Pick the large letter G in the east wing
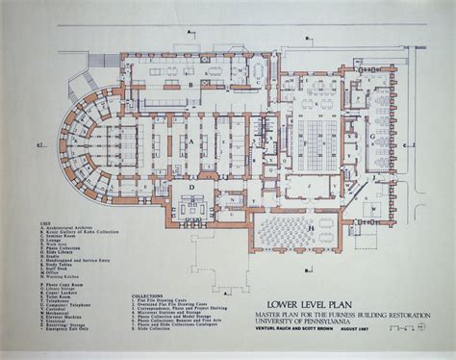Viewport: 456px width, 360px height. [370, 137]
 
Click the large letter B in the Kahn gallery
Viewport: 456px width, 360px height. [192, 86]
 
